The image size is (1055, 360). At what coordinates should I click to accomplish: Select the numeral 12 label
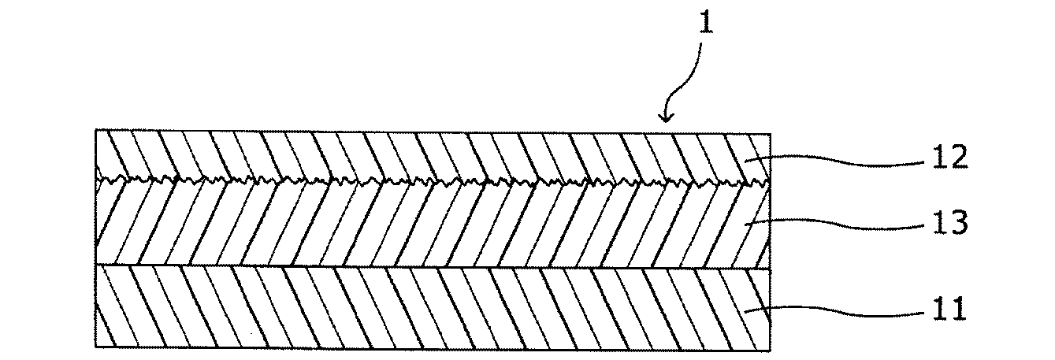tap(949, 158)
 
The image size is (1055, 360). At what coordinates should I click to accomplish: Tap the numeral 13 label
tap(949, 223)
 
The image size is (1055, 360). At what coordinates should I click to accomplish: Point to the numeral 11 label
tap(949, 308)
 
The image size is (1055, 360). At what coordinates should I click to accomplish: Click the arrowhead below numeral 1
tap(666, 117)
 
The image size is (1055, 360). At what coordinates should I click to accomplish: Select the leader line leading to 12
tap(834, 161)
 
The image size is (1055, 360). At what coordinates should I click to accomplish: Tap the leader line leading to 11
tap(834, 310)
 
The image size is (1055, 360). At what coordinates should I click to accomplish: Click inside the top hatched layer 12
tap(433, 155)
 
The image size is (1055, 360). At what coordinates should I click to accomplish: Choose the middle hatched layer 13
tap(433, 225)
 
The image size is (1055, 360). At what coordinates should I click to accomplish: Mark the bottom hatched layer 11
tap(433, 308)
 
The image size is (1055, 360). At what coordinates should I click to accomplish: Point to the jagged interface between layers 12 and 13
tap(433, 182)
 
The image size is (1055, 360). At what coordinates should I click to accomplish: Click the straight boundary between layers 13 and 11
tap(433, 267)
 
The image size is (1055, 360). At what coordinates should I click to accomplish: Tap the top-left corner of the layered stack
tap(96, 130)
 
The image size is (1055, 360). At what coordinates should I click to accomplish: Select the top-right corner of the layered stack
tap(771, 134)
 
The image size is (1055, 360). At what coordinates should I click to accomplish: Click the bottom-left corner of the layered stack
tap(96, 347)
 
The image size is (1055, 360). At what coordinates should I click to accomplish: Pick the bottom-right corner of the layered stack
tap(771, 351)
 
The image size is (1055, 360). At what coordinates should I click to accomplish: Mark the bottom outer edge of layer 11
tap(433, 349)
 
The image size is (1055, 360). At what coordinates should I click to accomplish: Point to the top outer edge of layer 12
tap(433, 132)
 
